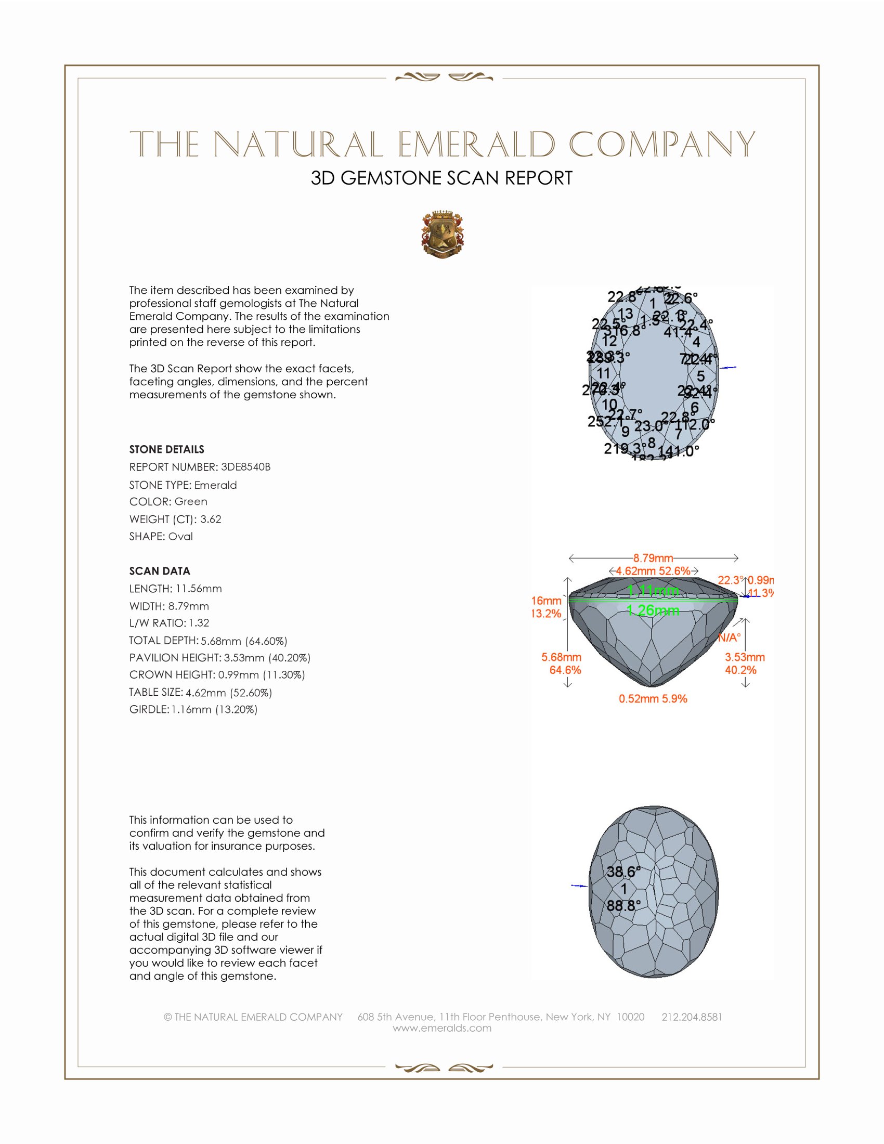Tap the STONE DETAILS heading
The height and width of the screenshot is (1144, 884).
pyautogui.click(x=166, y=449)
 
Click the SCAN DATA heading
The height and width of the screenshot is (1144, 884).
pyautogui.click(x=160, y=571)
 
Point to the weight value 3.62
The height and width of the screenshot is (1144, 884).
pyautogui.click(x=211, y=519)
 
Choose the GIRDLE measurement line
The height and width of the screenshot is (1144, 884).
pyautogui.click(x=193, y=709)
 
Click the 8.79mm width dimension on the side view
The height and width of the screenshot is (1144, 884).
pyautogui.click(x=653, y=558)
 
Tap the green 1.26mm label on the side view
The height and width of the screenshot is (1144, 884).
pyautogui.click(x=653, y=610)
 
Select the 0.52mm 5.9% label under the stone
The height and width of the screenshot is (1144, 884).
pyautogui.click(x=653, y=698)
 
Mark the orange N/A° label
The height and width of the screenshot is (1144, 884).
pyautogui.click(x=729, y=638)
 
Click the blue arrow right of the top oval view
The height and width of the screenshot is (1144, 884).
pyautogui.click(x=728, y=368)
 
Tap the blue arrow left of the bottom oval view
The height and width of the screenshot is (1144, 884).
pyautogui.click(x=579, y=886)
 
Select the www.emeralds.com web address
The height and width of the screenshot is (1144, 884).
pyautogui.click(x=442, y=1028)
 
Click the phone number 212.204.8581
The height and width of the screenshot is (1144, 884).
pyautogui.click(x=692, y=1017)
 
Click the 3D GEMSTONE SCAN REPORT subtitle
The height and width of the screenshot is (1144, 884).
pyautogui.click(x=441, y=178)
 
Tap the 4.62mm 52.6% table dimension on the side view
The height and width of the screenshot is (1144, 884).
pyautogui.click(x=653, y=571)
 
